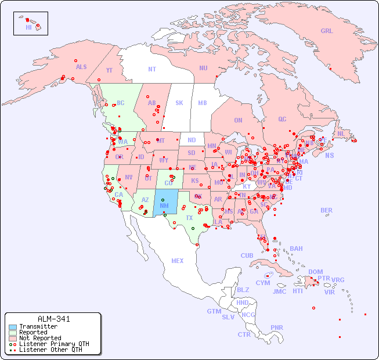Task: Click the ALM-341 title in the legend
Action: click(x=53, y=319)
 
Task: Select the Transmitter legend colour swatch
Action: click(x=12, y=326)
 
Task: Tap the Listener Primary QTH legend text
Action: click(x=53, y=344)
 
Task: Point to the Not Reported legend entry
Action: click(x=39, y=338)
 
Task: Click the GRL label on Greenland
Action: click(x=327, y=31)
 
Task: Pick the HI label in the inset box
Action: click(x=28, y=27)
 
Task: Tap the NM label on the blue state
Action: click(x=164, y=205)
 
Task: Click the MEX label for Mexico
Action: click(x=178, y=261)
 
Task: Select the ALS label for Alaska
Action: click(x=81, y=67)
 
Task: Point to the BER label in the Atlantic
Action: click(x=326, y=210)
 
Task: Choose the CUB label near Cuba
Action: click(x=247, y=255)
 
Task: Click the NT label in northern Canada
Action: click(x=152, y=69)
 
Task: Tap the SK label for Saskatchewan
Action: click(x=179, y=103)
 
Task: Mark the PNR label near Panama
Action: click(x=277, y=327)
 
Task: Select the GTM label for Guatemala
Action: click(x=214, y=311)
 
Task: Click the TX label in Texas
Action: click(x=189, y=218)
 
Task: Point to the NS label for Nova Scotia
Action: click(x=330, y=155)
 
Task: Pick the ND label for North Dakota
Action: click(x=192, y=140)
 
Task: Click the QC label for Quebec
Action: click(x=282, y=119)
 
